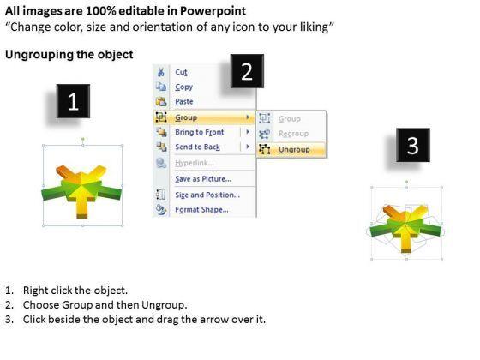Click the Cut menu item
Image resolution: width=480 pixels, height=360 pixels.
[181, 72]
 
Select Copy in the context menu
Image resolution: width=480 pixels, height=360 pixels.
[183, 87]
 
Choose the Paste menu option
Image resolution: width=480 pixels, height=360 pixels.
[184, 102]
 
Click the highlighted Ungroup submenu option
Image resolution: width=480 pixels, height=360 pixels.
[294, 150]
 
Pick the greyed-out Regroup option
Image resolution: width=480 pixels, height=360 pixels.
[293, 134]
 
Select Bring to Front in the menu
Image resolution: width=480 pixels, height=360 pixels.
[199, 132]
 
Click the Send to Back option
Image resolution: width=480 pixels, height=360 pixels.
[197, 147]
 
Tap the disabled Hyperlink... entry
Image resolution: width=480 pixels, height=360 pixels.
[195, 163]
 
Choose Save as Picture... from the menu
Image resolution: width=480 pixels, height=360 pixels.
[203, 179]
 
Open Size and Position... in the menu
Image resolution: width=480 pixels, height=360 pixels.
[207, 195]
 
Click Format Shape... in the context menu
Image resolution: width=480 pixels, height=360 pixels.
[201, 210]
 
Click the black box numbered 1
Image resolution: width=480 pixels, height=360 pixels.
[73, 101]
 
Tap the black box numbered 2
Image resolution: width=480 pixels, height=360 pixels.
[247, 71]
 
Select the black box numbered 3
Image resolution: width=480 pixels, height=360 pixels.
[413, 145]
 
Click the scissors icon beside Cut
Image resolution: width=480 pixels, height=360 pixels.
[161, 72]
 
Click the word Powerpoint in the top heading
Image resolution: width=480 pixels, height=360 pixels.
[213, 11]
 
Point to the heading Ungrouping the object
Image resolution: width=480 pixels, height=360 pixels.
[69, 55]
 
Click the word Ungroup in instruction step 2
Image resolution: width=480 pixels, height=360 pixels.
[164, 305]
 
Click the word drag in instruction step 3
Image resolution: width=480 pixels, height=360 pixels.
[167, 320]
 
